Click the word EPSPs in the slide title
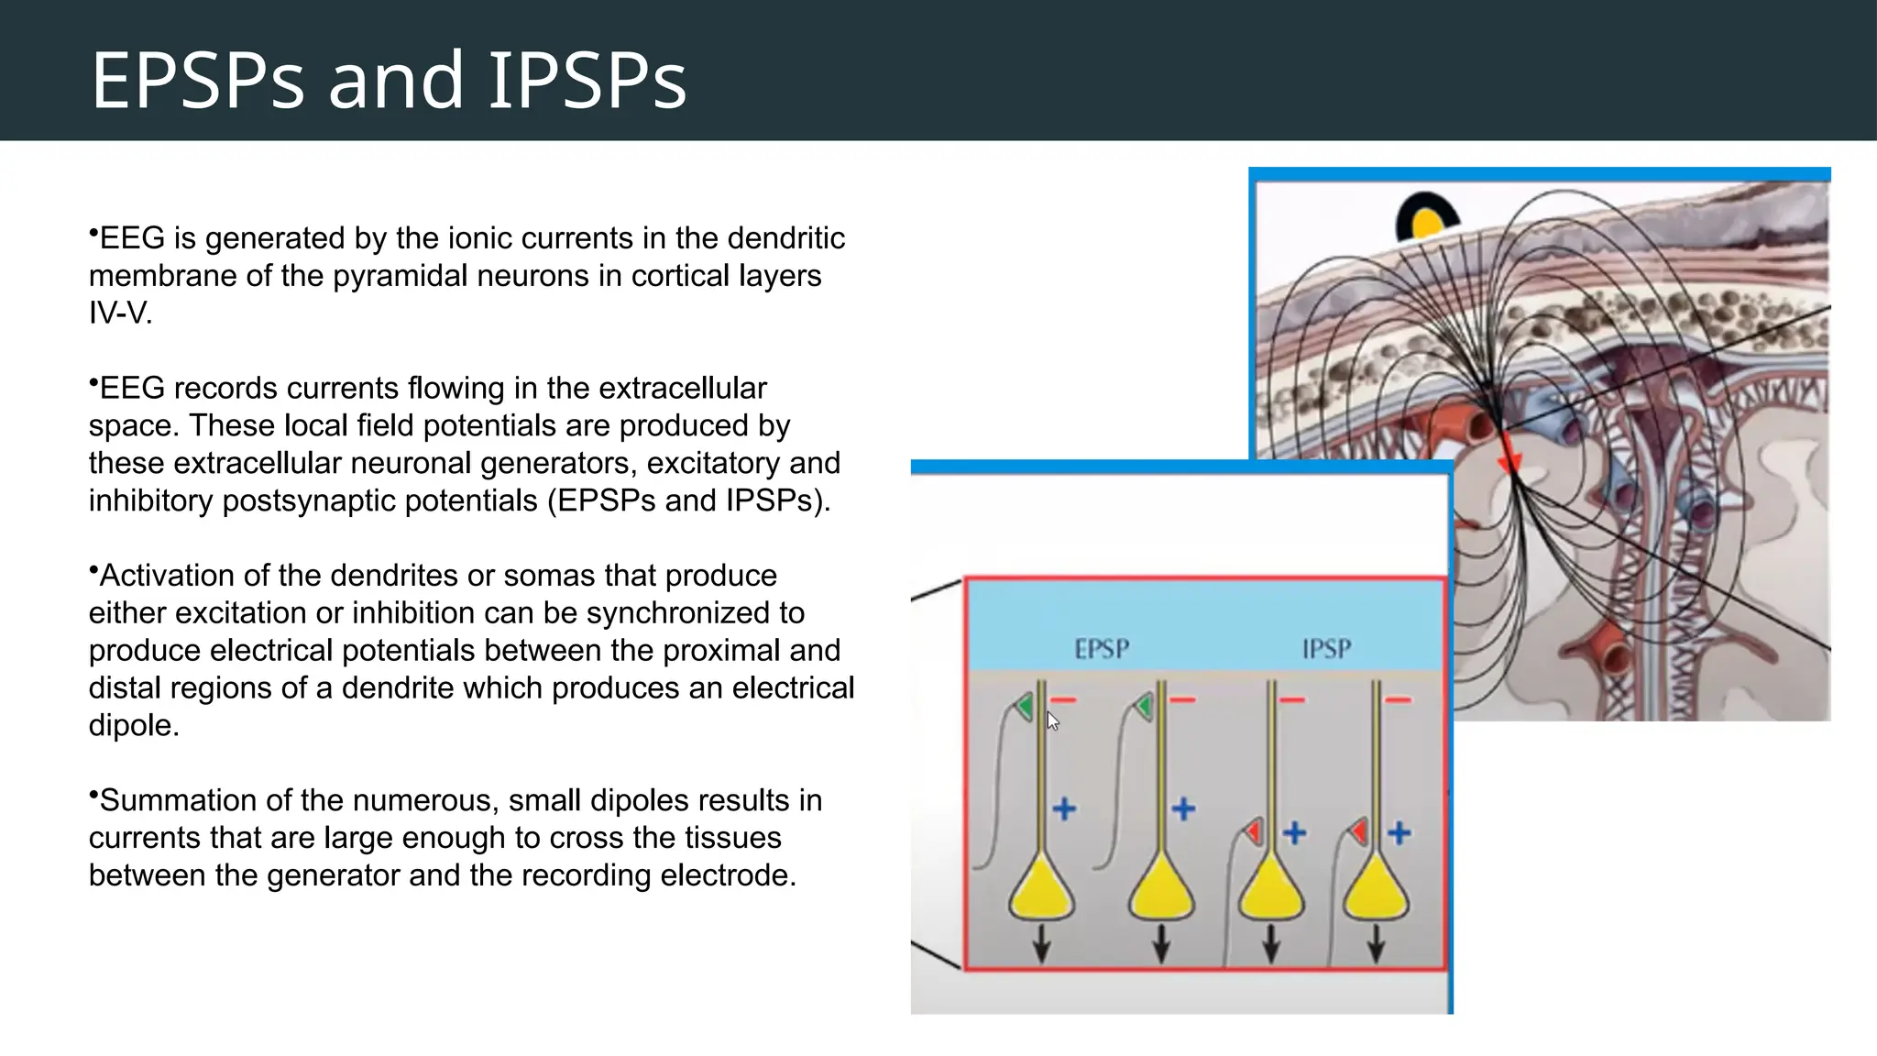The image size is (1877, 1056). pos(197,81)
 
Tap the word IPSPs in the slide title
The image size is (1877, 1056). pos(587,81)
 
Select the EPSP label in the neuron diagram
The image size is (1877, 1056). pos(1102,650)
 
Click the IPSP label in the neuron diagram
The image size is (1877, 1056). pos(1326,650)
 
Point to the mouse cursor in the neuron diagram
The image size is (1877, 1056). pos(1052,721)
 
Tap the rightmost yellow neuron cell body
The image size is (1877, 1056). pos(1376,891)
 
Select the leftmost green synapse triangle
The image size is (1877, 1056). pos(1025,706)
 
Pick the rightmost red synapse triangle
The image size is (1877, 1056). pos(1359,831)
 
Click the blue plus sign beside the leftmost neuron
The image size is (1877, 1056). pos(1064,809)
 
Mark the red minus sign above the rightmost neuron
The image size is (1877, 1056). pos(1398,700)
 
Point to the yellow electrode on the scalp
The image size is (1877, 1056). pos(1427,223)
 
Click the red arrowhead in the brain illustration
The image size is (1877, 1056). pos(1509,462)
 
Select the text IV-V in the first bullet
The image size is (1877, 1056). pos(119,313)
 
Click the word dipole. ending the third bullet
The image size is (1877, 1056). pos(133,726)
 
